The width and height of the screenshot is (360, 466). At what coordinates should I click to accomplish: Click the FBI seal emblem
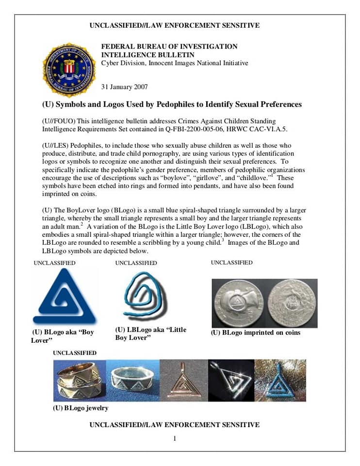tap(69, 69)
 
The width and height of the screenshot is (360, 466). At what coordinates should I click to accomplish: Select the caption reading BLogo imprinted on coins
tap(256, 333)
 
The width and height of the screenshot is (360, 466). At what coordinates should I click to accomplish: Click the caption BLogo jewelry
tap(81, 408)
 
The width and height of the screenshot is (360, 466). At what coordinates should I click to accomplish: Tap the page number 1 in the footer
tap(175, 439)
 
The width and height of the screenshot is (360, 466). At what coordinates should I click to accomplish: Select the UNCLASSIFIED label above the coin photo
tap(231, 263)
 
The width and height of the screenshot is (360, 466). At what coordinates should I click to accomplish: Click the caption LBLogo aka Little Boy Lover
tap(150, 333)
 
